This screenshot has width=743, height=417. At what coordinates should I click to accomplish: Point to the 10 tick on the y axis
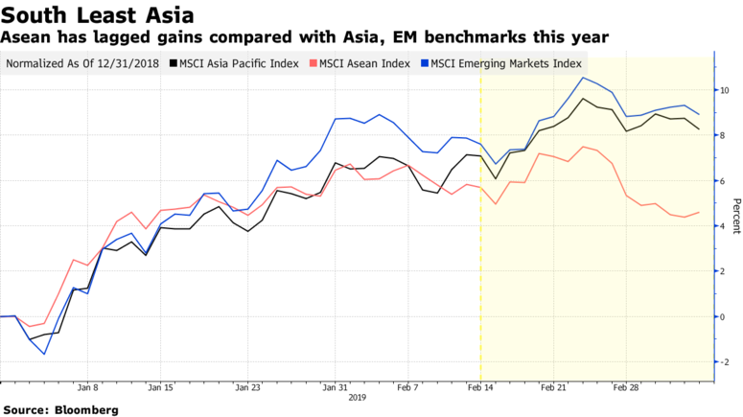point(724,90)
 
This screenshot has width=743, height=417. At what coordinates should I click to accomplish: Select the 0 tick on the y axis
point(721,316)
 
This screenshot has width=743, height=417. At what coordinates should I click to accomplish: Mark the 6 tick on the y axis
point(721,180)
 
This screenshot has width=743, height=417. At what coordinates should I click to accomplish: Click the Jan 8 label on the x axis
point(87,387)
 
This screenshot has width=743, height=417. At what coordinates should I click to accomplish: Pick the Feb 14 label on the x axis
point(480,387)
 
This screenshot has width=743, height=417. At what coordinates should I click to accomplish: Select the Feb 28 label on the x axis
point(625,387)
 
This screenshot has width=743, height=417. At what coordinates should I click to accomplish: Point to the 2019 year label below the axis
point(357,396)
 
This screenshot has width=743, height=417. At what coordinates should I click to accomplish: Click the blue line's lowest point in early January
point(44,354)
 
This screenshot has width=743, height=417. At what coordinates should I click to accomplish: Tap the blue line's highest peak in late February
point(584,78)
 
